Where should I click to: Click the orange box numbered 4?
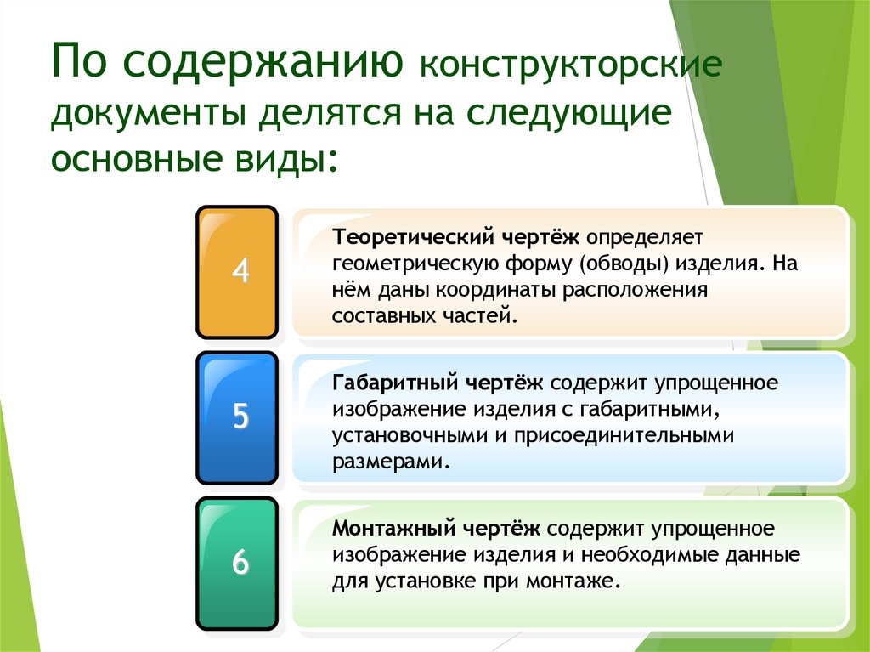237,272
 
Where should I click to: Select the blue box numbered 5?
237,417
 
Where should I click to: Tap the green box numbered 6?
237,563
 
